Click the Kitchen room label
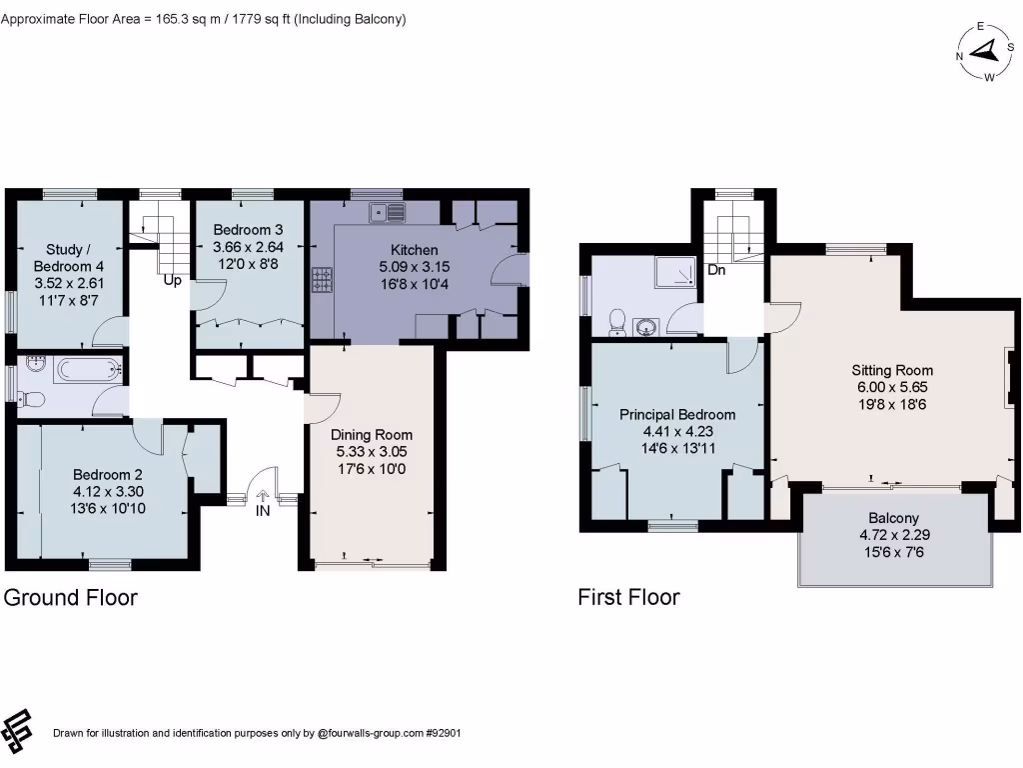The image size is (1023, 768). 414,250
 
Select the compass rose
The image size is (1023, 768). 984,52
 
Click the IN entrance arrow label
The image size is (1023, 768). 263,510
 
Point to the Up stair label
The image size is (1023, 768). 173,280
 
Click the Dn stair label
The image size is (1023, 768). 716,270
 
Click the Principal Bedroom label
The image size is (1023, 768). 677,414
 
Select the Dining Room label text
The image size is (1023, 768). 372,435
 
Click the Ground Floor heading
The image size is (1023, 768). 71,598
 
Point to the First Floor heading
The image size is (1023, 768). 628,598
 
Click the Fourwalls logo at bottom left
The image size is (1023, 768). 19,732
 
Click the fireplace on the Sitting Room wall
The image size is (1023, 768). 1010,379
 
